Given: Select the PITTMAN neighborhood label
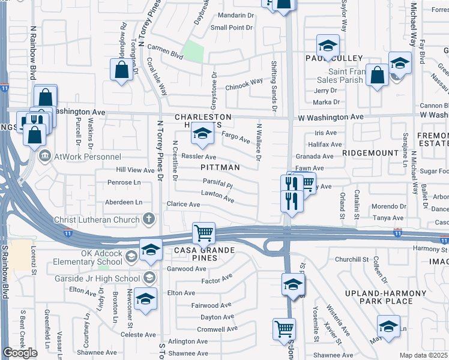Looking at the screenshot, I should [220, 167].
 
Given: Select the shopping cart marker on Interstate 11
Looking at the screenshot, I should [203, 232].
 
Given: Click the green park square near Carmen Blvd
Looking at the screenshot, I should [193, 52].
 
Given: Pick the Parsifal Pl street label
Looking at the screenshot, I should [217, 185].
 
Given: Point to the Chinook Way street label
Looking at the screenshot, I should [244, 83].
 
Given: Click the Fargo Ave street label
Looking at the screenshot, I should [236, 138].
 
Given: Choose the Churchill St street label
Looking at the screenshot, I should [351, 259].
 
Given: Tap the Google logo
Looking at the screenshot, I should [20, 353].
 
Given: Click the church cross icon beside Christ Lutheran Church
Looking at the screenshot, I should [148, 219].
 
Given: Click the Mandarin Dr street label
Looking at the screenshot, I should [232, 15].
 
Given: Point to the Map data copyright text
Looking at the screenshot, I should [424, 355].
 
